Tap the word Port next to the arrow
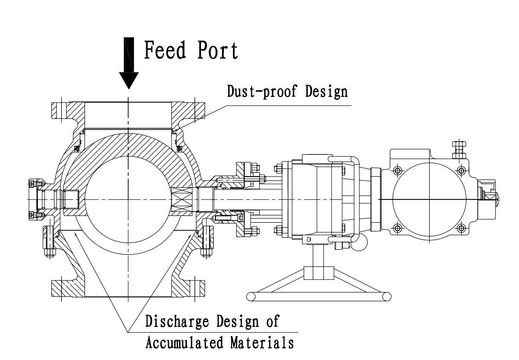pos(217,50)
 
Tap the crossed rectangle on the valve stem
pos(184,199)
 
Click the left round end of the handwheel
pos(251,296)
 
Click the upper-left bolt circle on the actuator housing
pos(398,171)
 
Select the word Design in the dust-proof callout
pos(326,92)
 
